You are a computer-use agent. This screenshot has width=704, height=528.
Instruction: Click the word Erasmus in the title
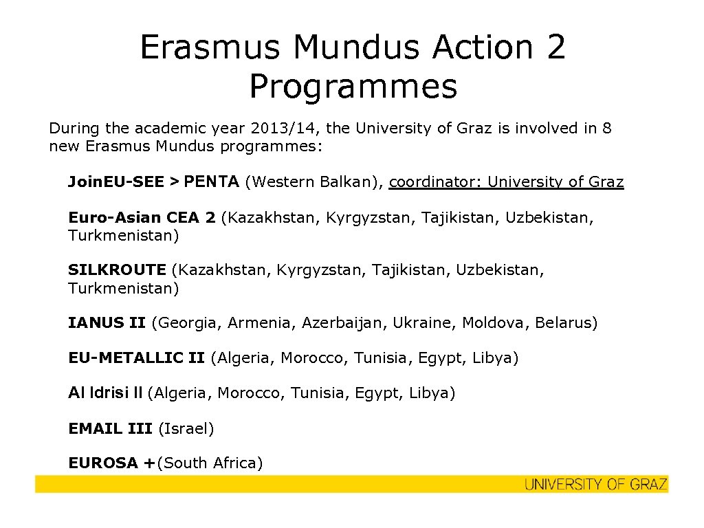pyautogui.click(x=210, y=47)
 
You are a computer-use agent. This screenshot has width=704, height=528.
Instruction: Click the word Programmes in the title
pyautogui.click(x=353, y=87)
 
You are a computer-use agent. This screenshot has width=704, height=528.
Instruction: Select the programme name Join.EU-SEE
pyautogui.click(x=115, y=182)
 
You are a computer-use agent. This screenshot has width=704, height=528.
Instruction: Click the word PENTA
pyautogui.click(x=211, y=182)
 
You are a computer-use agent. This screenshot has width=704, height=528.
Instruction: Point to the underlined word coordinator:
pyautogui.click(x=435, y=182)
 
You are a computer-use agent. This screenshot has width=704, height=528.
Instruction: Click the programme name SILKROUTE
pyautogui.click(x=117, y=270)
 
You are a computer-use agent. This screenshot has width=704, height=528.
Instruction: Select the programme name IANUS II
pyautogui.click(x=107, y=322)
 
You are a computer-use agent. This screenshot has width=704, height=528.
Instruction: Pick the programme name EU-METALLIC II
pyautogui.click(x=136, y=358)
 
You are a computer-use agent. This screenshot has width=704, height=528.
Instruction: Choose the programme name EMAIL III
pyautogui.click(x=110, y=429)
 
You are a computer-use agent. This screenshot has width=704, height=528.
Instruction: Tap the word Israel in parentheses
pyautogui.click(x=186, y=429)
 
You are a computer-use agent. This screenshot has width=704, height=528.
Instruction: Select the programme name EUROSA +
pyautogui.click(x=111, y=463)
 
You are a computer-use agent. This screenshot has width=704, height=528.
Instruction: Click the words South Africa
pyautogui.click(x=210, y=463)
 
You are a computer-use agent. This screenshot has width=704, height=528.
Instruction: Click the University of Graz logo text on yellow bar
pyautogui.click(x=595, y=484)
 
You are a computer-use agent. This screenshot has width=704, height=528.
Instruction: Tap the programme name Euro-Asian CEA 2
pyautogui.click(x=142, y=218)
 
